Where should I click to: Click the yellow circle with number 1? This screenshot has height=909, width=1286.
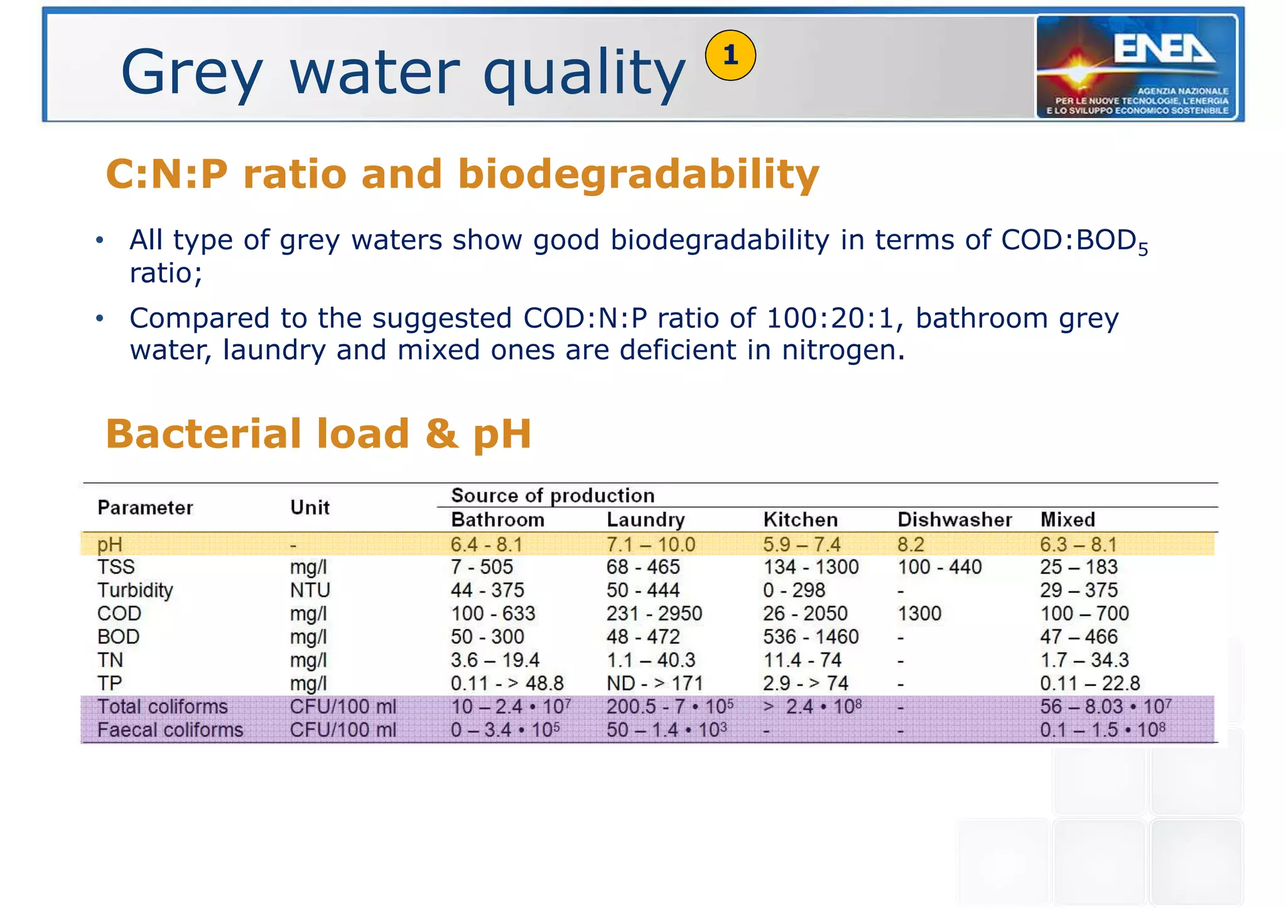(x=730, y=55)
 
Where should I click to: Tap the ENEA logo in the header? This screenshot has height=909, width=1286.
(x=1137, y=67)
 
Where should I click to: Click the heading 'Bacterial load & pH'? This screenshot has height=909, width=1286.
(x=318, y=434)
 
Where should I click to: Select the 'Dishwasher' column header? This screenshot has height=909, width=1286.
(x=954, y=520)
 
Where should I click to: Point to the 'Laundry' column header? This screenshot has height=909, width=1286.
(x=646, y=520)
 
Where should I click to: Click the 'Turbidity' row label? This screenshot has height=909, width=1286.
(x=135, y=591)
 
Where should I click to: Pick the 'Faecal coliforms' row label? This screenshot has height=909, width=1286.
(x=170, y=730)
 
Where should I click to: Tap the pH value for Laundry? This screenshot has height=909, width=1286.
(x=651, y=544)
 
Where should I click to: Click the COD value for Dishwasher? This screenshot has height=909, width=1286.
(x=919, y=614)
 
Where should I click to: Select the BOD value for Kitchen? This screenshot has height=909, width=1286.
(x=811, y=637)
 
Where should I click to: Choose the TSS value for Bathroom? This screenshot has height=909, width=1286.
(x=482, y=567)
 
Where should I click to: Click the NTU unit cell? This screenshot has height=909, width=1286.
(x=310, y=591)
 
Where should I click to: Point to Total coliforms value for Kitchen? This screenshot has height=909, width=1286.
(x=812, y=707)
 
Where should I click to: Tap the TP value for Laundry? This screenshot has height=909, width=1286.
(x=654, y=683)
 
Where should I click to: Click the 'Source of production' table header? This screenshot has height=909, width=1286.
(x=553, y=496)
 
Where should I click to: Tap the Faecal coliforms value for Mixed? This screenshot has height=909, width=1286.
(x=1103, y=730)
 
